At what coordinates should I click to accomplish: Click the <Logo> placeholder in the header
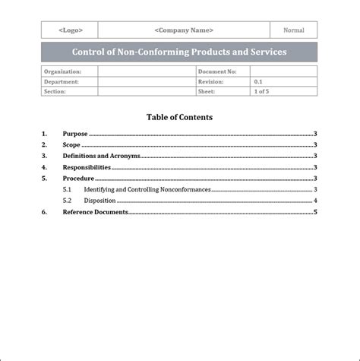[70, 30]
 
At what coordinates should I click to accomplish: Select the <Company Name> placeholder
[184, 30]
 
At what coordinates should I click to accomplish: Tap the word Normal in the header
[294, 30]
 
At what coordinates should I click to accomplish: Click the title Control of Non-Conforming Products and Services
[179, 52]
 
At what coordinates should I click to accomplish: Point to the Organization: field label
[62, 71]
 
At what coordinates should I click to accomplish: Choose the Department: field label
[61, 81]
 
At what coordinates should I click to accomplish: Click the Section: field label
[55, 91]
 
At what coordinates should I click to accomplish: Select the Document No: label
[217, 71]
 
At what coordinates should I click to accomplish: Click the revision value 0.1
[258, 81]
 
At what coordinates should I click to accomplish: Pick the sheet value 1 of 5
[264, 91]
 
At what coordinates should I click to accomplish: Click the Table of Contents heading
[179, 117]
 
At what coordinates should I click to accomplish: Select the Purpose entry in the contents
[75, 134]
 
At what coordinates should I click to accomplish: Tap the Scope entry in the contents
[71, 144]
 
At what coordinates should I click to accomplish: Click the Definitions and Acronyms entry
[101, 156]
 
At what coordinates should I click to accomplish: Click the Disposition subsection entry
[99, 201]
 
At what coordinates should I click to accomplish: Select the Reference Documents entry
[95, 212]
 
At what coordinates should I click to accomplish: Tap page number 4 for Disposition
[314, 201]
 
